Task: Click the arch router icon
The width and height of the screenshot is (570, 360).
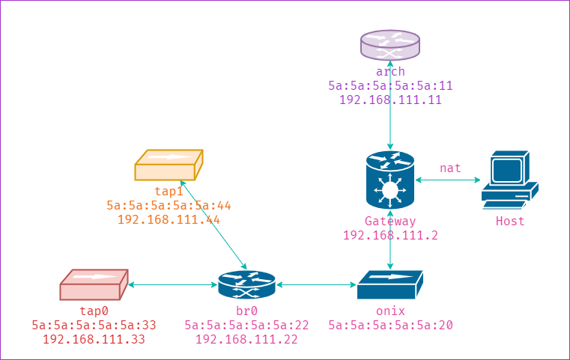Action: coord(390,45)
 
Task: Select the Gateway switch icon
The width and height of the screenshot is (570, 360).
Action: coord(390,180)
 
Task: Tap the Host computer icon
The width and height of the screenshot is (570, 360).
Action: coord(509,179)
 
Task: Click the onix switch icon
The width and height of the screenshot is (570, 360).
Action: coord(390,285)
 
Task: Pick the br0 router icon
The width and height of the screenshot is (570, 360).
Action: coord(246,285)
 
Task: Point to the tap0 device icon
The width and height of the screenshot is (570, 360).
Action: coord(94,285)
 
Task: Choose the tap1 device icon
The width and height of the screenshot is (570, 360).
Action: coord(169,165)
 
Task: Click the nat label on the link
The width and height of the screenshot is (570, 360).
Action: coord(450,168)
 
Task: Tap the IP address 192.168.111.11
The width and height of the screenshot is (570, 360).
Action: coord(390,100)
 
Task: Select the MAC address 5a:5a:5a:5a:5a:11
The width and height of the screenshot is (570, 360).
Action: coord(390,85)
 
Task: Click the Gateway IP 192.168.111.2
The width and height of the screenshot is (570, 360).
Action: coord(390,235)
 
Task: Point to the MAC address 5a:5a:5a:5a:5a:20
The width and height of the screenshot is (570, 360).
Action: coord(390,325)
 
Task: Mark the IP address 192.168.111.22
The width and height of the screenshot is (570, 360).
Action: coord(246,339)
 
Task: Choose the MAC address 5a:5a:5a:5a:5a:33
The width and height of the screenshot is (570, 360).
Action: coord(94,325)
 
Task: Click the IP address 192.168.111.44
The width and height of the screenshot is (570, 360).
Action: coord(169,219)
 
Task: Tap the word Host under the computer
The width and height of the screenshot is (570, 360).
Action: coord(509,222)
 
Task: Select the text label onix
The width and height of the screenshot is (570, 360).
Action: coord(390,311)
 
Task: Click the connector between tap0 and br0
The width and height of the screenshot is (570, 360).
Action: coord(172,285)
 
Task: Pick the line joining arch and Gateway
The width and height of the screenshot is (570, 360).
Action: coord(390,120)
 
